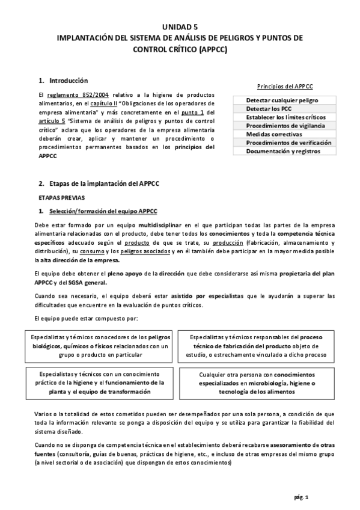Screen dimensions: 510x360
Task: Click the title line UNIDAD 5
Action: coord(180,27)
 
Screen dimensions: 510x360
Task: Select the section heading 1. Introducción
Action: coord(63,80)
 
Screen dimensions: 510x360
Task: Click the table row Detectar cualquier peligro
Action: coord(282,100)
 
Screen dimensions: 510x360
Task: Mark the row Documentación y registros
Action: coord(282,151)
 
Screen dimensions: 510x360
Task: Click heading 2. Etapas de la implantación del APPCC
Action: coord(100,183)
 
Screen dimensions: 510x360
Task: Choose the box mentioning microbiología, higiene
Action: coord(260,382)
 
